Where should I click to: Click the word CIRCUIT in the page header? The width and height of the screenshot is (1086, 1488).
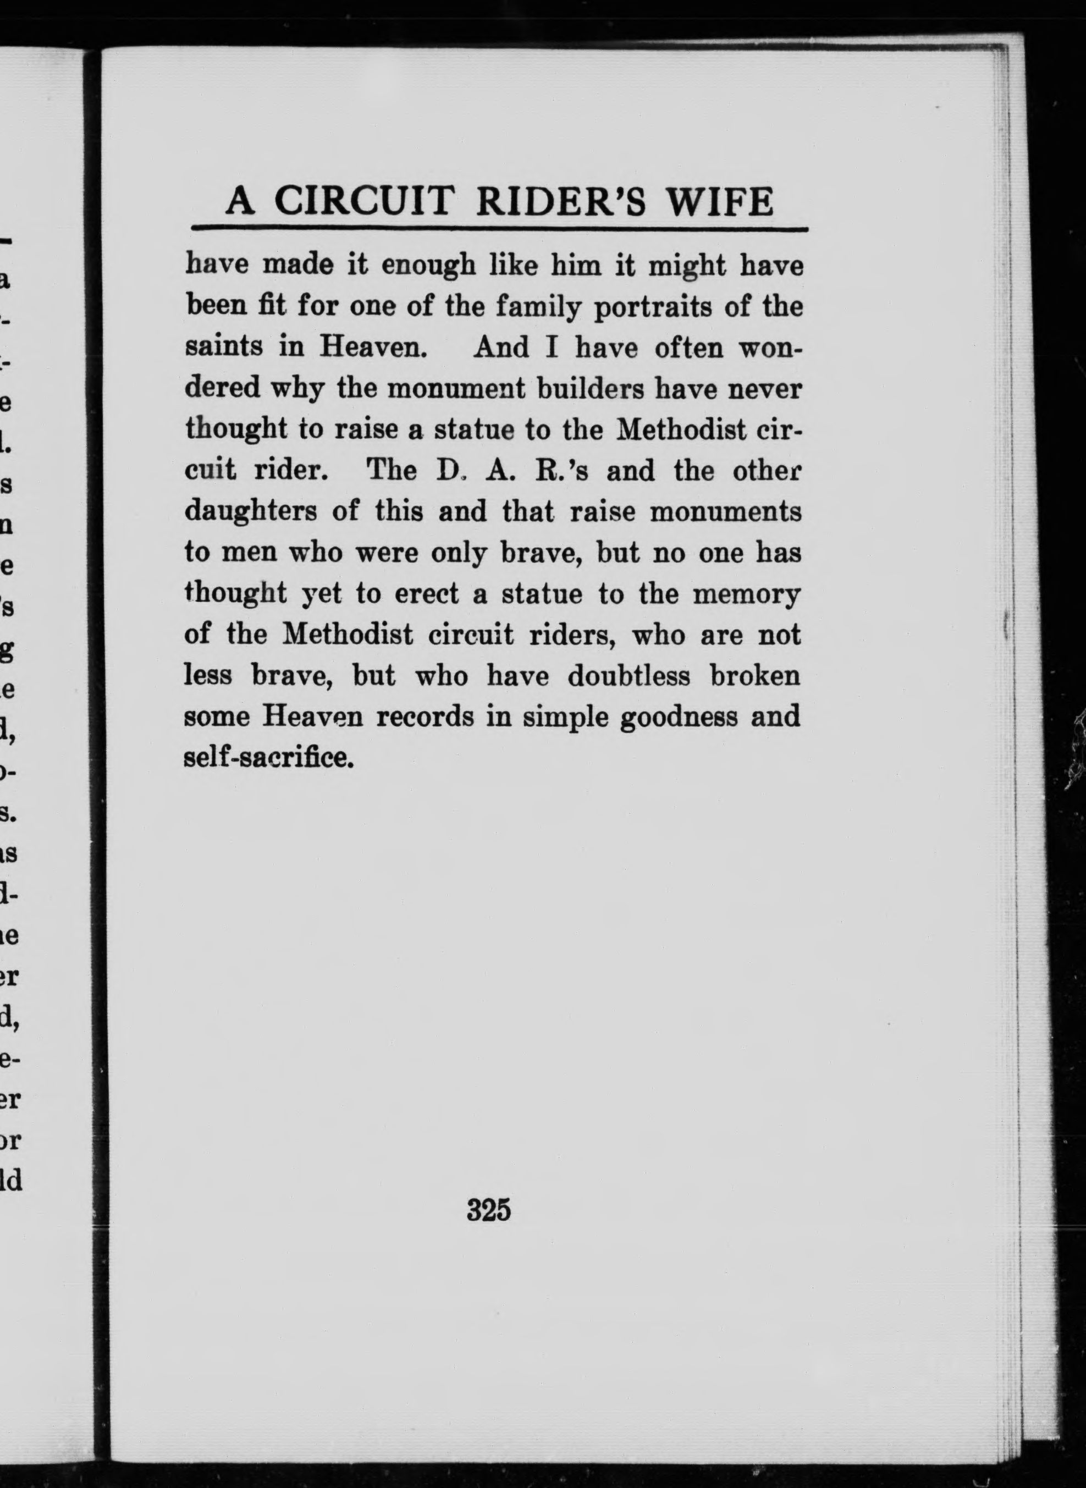tap(364, 201)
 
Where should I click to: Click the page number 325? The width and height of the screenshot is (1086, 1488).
tap(488, 1210)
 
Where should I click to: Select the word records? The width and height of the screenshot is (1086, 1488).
tap(425, 717)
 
